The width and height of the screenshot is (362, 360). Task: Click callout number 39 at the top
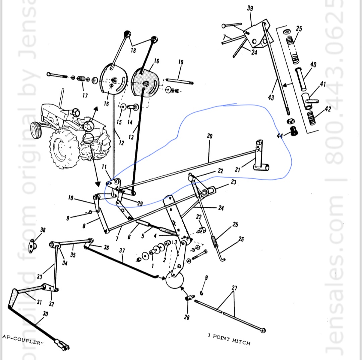click(x=250, y=8)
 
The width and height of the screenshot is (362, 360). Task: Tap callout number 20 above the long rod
click(x=209, y=136)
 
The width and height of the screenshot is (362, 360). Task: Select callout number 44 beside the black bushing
click(x=280, y=135)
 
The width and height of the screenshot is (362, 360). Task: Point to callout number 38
click(x=43, y=230)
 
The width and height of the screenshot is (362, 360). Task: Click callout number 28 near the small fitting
click(x=187, y=317)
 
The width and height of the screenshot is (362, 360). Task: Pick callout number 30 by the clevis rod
click(x=45, y=314)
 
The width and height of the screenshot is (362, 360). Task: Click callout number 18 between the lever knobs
click(x=133, y=50)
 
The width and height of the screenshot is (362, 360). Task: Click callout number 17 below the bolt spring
click(x=85, y=96)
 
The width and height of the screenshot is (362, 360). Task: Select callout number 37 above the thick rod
click(x=122, y=251)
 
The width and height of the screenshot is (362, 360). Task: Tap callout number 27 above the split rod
click(x=234, y=288)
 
